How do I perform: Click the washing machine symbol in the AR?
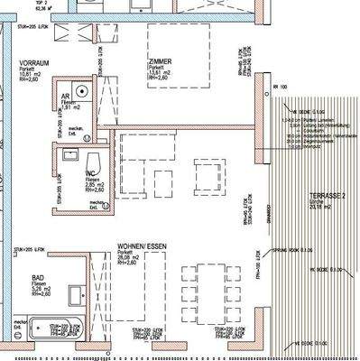[82, 90]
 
